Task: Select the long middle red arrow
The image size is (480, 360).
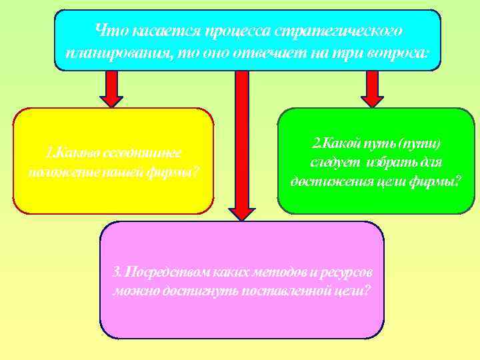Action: pyautogui.click(x=242, y=143)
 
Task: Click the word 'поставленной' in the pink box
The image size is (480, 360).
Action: pyautogui.click(x=269, y=291)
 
